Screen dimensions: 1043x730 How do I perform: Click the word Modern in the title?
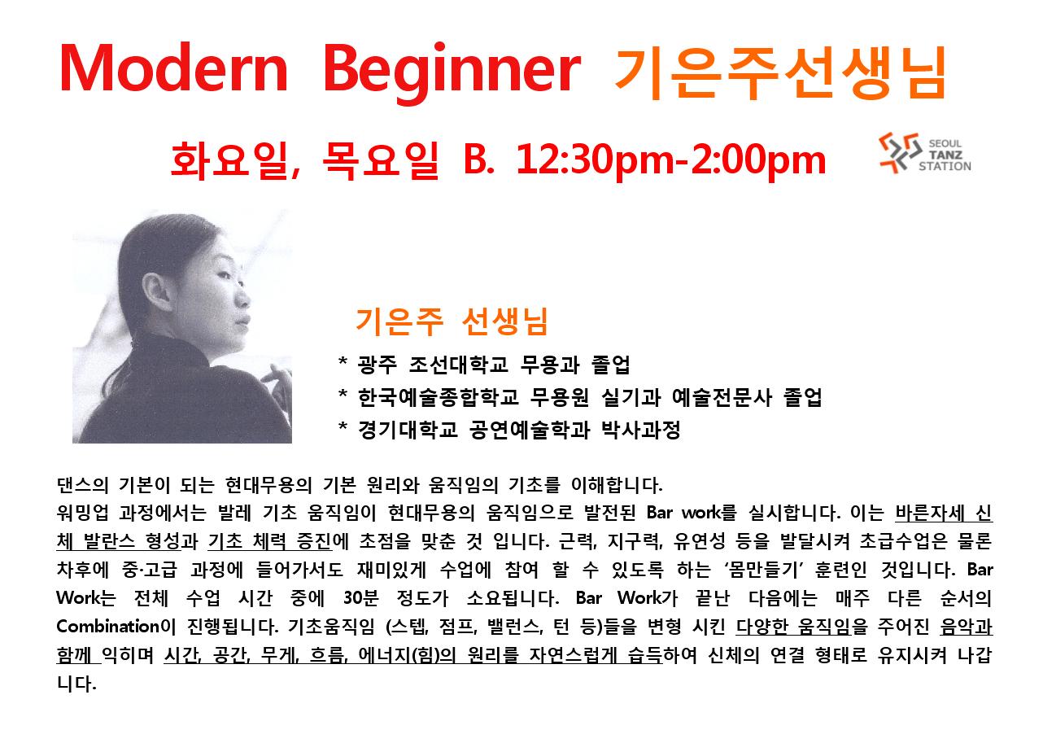point(173,68)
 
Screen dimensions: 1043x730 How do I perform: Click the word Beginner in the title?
point(452,72)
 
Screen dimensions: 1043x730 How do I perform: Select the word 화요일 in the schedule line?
point(234,160)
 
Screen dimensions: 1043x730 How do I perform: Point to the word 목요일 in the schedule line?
point(381,160)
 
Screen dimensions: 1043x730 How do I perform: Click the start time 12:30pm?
point(595,160)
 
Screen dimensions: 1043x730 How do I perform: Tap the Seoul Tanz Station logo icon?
point(900,152)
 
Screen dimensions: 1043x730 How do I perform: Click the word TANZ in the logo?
point(945,155)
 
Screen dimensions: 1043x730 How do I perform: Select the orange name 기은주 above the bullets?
point(399,321)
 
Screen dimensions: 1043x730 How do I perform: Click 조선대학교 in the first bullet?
point(458,365)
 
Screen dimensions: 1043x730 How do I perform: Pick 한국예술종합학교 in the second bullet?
point(439,397)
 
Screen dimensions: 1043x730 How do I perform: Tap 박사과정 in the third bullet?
point(641,430)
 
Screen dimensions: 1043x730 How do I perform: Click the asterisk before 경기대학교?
point(343,426)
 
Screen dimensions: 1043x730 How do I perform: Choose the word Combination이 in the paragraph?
point(116,626)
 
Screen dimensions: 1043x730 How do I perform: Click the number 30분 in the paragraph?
point(361,597)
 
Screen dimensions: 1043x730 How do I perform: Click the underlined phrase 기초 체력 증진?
point(269,541)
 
